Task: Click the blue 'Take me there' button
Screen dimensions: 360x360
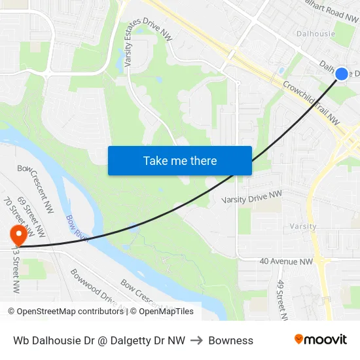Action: click(180, 160)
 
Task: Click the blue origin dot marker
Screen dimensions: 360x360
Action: click(341, 74)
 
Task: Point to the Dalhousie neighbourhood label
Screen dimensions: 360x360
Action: click(315, 33)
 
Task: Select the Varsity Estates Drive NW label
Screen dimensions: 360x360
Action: click(148, 41)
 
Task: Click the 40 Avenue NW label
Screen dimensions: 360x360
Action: click(286, 261)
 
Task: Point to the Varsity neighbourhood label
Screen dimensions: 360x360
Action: click(302, 226)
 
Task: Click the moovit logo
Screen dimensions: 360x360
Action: click(320, 339)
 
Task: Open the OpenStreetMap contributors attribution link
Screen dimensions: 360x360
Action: click(65, 312)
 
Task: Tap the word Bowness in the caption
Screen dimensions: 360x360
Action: click(231, 340)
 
